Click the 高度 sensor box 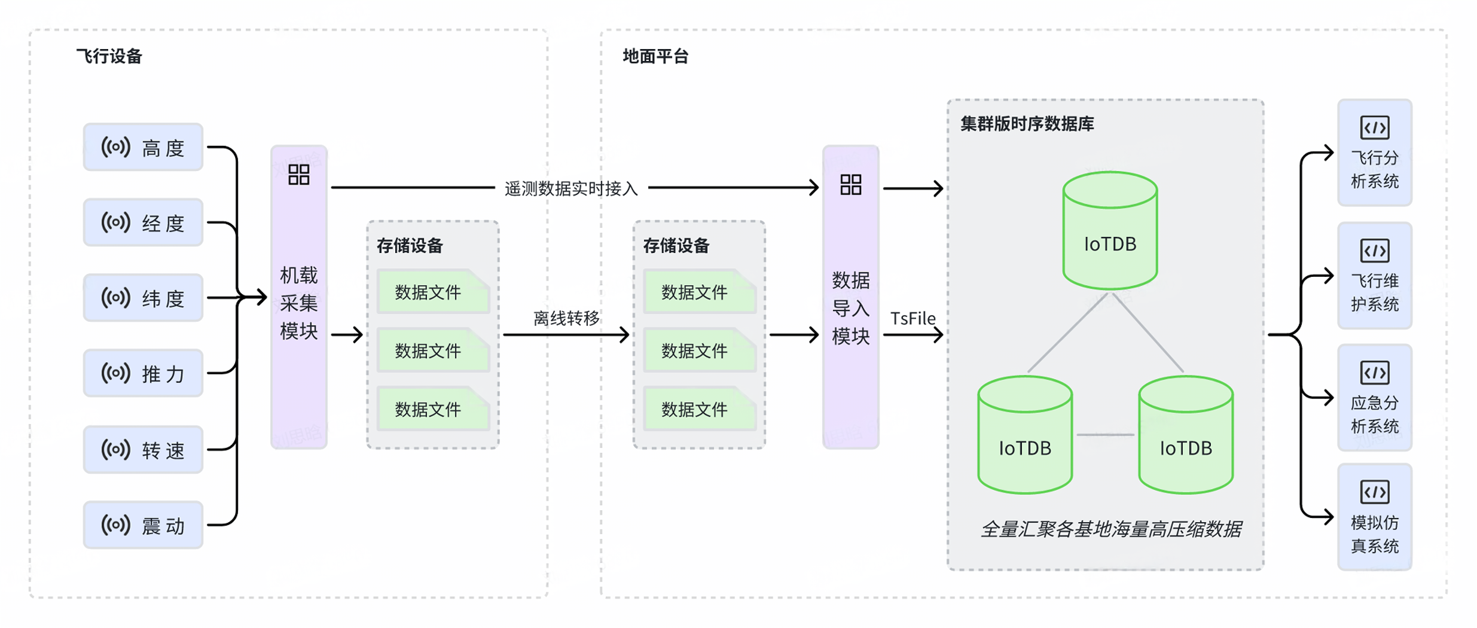click(143, 147)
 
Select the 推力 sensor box click(143, 373)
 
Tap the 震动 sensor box click(143, 525)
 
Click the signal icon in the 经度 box click(115, 222)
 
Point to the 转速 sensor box click(143, 449)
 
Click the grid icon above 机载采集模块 click(298, 175)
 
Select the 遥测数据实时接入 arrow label click(571, 189)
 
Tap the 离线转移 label click(566, 318)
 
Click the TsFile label click(913, 318)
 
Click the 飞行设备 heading click(109, 56)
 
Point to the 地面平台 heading click(655, 56)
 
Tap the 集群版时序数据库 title click(1027, 124)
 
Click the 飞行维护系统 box click(1374, 276)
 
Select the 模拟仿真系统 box click(1374, 517)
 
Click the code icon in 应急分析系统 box click(1374, 373)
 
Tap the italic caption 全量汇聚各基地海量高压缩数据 click(1110, 529)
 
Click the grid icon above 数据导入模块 click(850, 184)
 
